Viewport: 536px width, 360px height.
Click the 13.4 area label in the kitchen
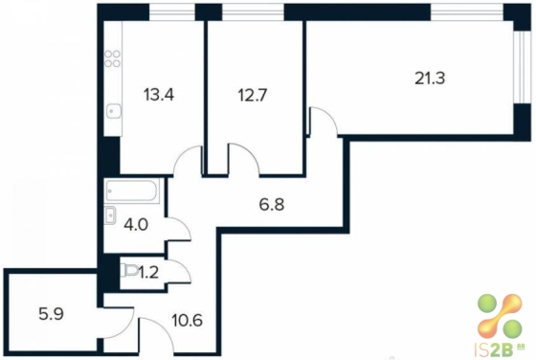click(159, 95)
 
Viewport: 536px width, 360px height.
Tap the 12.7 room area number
click(253, 95)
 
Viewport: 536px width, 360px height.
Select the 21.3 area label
click(430, 79)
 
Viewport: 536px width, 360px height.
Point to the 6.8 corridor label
click(272, 205)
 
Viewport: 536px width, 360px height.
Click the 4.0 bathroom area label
click(136, 225)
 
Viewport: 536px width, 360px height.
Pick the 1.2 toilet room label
click(148, 273)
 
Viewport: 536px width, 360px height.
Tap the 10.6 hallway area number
click(188, 321)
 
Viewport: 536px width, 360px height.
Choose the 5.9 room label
click(52, 314)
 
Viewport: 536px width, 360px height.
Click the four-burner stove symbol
click(113, 58)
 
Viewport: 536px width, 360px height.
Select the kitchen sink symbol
click(113, 110)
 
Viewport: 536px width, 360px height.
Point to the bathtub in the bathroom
click(132, 191)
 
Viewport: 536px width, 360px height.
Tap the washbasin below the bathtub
click(110, 215)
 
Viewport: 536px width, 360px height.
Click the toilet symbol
click(129, 271)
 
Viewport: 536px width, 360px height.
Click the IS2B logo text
click(500, 350)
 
